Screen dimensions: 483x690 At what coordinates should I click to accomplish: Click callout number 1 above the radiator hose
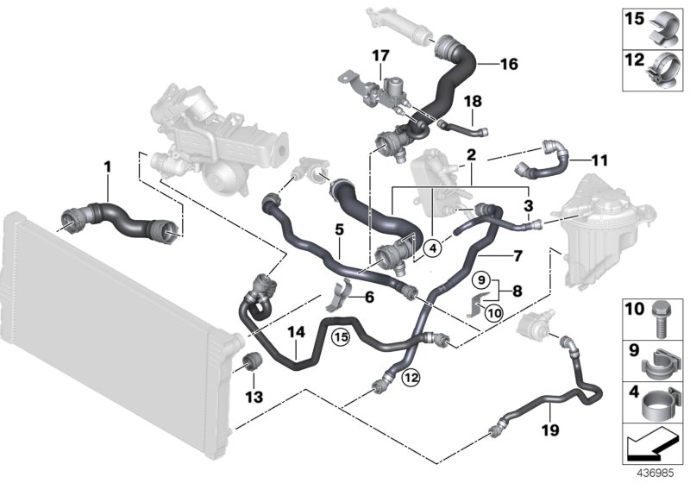(x=108, y=166)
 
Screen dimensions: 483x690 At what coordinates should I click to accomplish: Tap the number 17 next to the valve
(x=380, y=56)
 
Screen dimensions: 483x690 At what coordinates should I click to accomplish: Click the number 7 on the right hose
(x=517, y=256)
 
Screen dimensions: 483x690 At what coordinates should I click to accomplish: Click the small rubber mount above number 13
(x=253, y=360)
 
